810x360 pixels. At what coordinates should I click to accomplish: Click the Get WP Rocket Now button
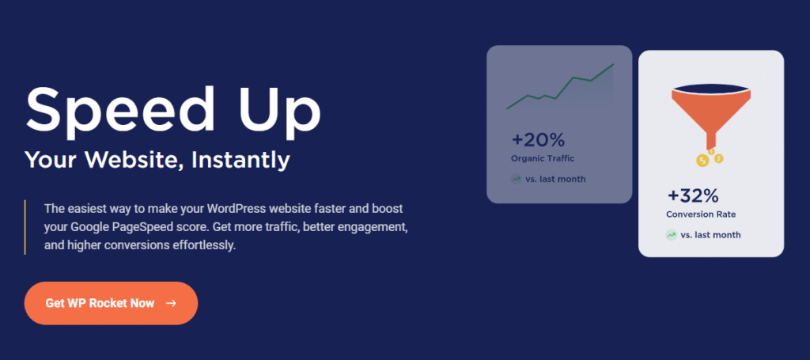pos(111,303)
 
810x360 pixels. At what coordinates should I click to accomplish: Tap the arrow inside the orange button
pos(171,303)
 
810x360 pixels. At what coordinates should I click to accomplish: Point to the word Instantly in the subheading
pos(240,161)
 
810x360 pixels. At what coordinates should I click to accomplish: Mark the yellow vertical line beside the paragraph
pos(25,227)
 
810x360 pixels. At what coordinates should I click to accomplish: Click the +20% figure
pos(538,140)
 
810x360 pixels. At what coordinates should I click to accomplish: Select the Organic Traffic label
pos(543,158)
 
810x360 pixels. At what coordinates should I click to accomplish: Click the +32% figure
pos(693,195)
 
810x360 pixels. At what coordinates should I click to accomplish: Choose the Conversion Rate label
pos(701,214)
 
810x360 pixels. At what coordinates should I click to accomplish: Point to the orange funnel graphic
pos(711,116)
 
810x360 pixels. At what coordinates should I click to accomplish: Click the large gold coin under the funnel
pos(702,161)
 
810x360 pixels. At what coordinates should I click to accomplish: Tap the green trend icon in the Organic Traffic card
pos(516,180)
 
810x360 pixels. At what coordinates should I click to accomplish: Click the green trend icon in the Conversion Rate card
pos(671,235)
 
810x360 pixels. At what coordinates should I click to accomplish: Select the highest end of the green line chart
pos(613,65)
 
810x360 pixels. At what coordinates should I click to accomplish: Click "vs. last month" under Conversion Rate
pos(711,235)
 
